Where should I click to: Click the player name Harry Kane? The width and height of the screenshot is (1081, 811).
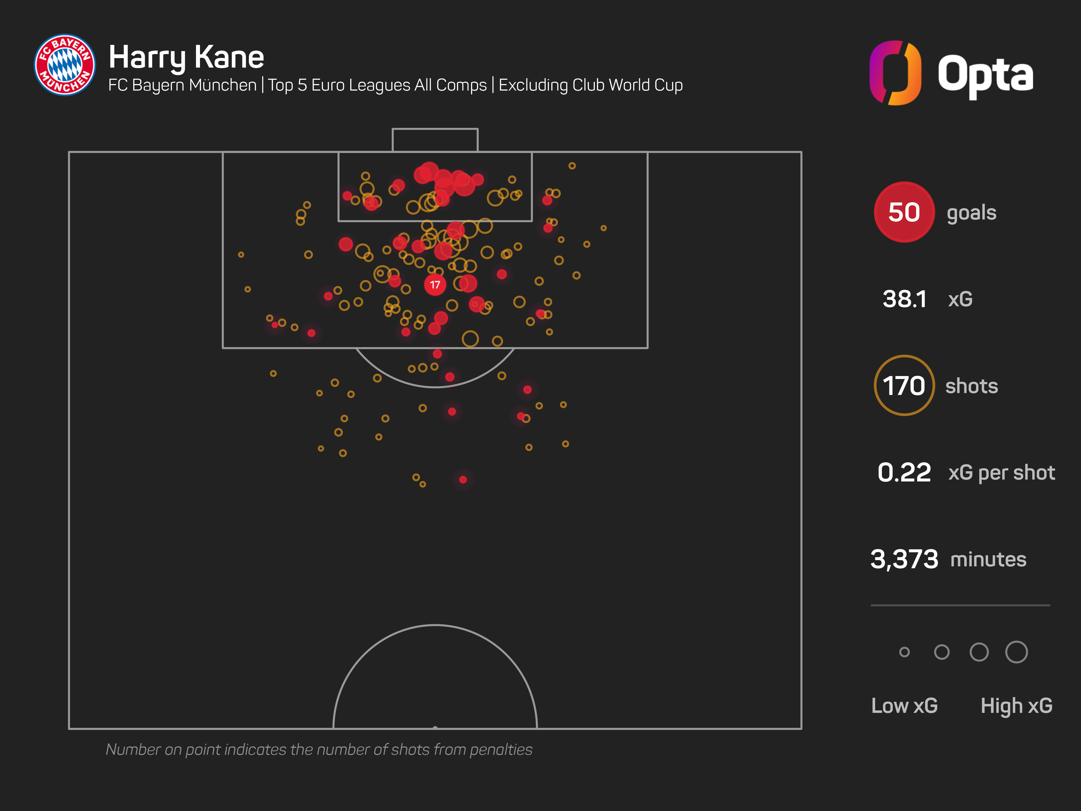pyautogui.click(x=186, y=57)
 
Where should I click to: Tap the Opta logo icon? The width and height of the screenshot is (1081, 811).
pyautogui.click(x=895, y=73)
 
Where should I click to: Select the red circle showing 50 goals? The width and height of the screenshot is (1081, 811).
pyautogui.click(x=904, y=212)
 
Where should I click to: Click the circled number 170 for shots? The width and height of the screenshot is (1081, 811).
pyautogui.click(x=904, y=386)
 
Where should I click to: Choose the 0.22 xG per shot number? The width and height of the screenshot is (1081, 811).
pyautogui.click(x=904, y=472)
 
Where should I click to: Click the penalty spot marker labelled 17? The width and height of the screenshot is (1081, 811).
pyautogui.click(x=435, y=284)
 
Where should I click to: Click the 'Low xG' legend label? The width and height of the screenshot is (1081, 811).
pyautogui.click(x=904, y=705)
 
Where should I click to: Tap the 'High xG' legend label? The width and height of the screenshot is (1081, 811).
pyautogui.click(x=1016, y=705)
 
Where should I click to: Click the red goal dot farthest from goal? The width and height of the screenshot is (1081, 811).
pyautogui.click(x=463, y=480)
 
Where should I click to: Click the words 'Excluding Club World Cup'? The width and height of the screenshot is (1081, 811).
pyautogui.click(x=590, y=85)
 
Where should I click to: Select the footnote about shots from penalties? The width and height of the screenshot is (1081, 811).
pyautogui.click(x=319, y=749)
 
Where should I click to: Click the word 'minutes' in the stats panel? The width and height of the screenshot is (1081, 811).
pyautogui.click(x=988, y=559)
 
